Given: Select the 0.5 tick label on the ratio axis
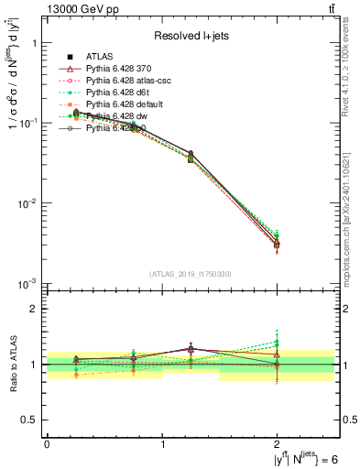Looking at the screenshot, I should coord(29,420).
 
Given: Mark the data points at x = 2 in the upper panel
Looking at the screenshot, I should coord(278,243).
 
